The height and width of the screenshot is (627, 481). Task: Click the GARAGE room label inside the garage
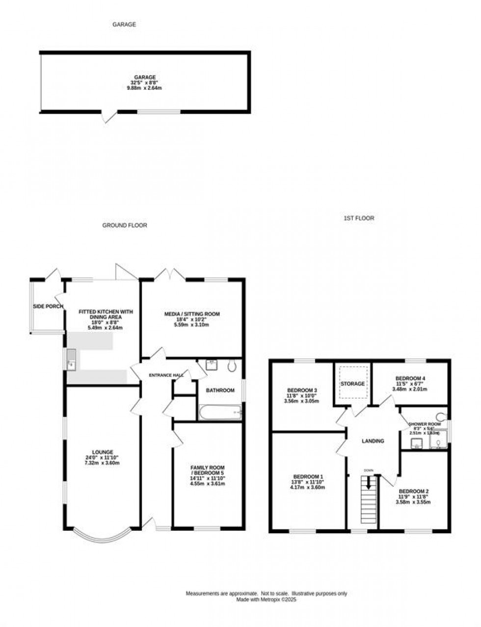[x=145, y=77]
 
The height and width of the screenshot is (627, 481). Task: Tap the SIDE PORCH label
[x=48, y=307]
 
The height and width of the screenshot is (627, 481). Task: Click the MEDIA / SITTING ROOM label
[x=192, y=314]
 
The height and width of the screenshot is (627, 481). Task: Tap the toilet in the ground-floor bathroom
[x=232, y=366]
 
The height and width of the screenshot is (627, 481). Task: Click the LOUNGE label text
[x=102, y=452]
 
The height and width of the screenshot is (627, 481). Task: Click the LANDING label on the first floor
[x=373, y=441]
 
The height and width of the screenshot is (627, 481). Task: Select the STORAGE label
[x=353, y=384]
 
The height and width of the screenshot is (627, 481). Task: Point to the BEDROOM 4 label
[x=410, y=379]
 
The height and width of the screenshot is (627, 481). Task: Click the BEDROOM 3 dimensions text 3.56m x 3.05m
[x=301, y=401]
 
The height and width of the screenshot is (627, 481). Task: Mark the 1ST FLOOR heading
[x=359, y=218]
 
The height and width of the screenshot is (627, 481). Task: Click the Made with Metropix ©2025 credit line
[x=267, y=600]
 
